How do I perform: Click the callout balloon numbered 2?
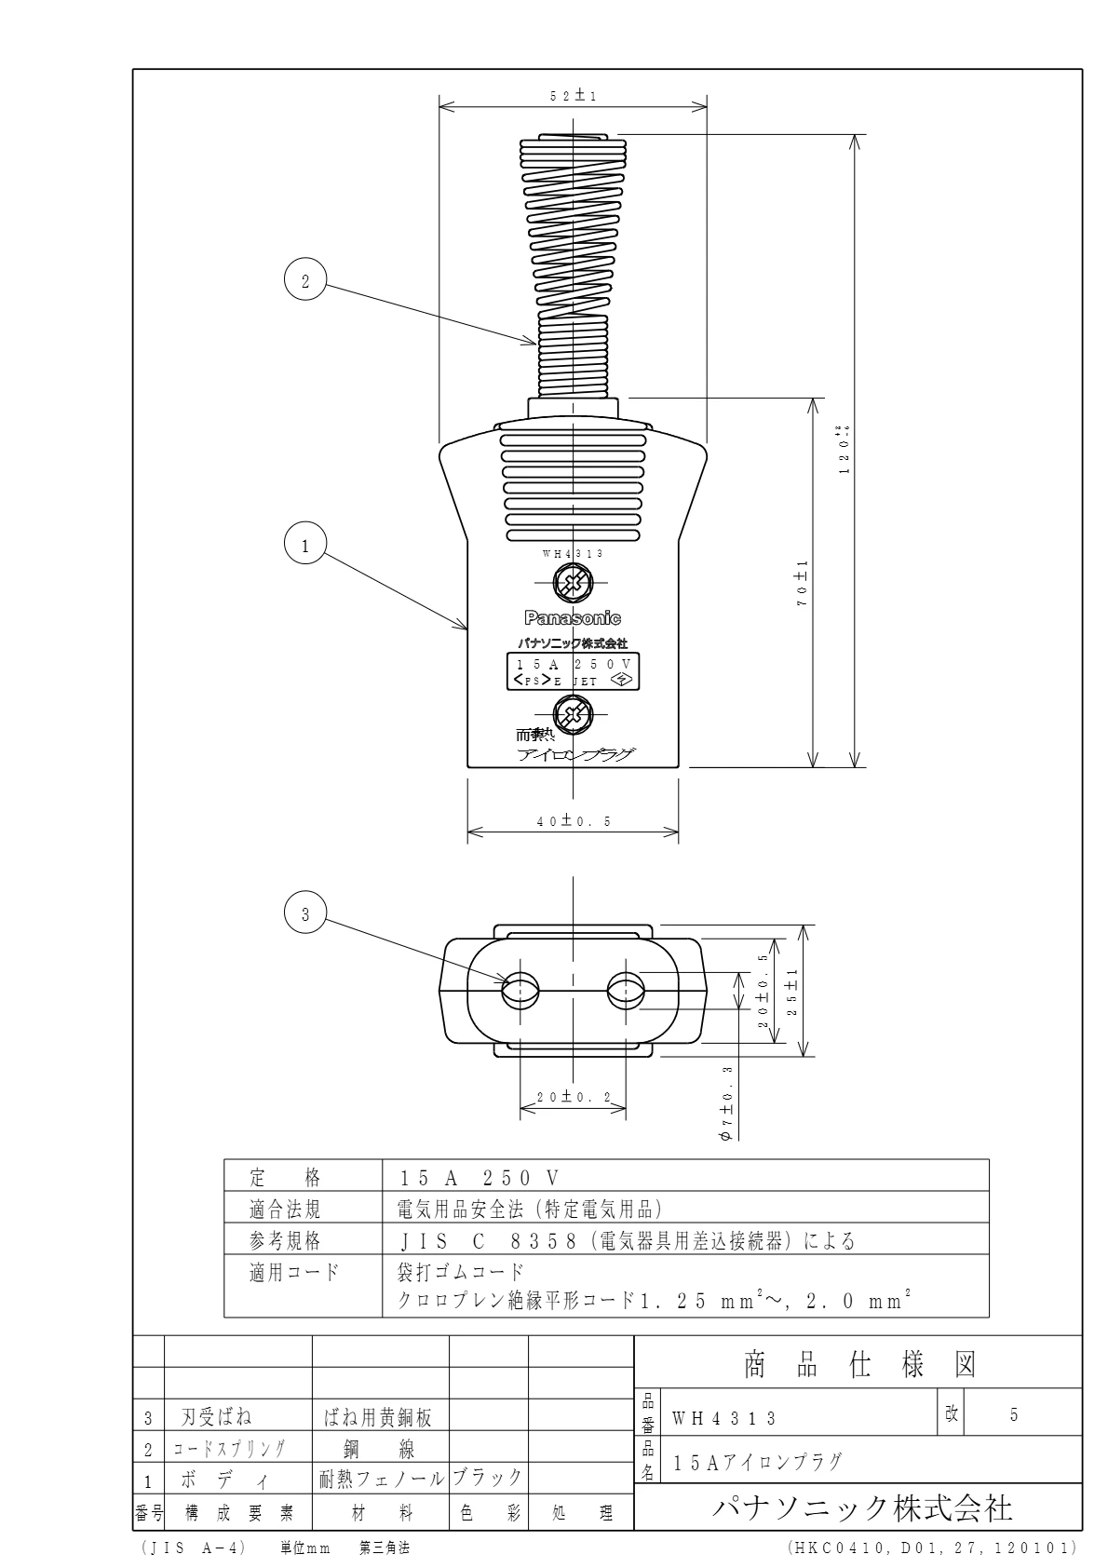[x=305, y=279]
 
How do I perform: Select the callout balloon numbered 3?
[x=305, y=915]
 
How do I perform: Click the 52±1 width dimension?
[x=573, y=96]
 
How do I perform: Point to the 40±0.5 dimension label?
[x=573, y=821]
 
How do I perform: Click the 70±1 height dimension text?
[x=802, y=585]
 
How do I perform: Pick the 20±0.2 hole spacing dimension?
[x=572, y=1098]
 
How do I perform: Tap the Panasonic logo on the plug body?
[x=573, y=618]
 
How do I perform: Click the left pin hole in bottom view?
[x=520, y=992]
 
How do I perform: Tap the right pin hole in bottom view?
[x=625, y=992]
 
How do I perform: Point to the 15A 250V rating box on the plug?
[x=573, y=671]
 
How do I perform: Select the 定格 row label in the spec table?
[x=286, y=1178]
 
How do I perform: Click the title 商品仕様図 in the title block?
[x=858, y=1365]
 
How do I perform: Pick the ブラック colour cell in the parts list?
[x=488, y=1478]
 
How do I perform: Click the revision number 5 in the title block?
[x=1014, y=1415]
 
